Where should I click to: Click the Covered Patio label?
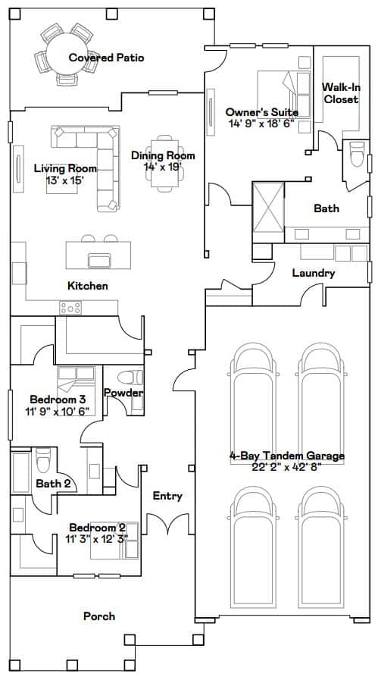(x=106, y=58)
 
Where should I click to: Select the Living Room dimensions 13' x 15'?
(x=65, y=180)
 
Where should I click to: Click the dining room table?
(x=164, y=163)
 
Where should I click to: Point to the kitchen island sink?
(x=99, y=261)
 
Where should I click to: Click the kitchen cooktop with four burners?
(x=70, y=308)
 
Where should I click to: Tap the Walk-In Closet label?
(x=342, y=93)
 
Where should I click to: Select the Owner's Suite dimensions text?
(x=261, y=123)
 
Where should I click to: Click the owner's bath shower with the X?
(x=268, y=208)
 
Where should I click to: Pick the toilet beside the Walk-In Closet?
(x=358, y=154)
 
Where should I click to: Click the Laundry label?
(x=313, y=273)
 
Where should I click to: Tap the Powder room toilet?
(x=130, y=378)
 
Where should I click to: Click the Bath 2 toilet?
(x=43, y=461)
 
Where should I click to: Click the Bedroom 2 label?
(x=98, y=528)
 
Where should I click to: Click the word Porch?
(x=99, y=616)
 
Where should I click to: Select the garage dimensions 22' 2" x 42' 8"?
(x=286, y=467)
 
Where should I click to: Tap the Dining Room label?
(x=163, y=155)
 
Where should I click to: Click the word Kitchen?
(x=88, y=286)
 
